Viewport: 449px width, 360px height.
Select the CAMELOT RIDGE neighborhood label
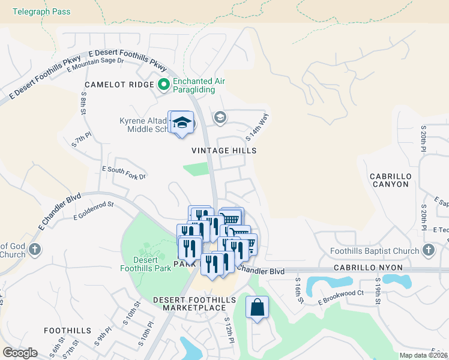tap(119, 85)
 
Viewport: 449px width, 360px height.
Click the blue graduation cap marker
tap(181, 124)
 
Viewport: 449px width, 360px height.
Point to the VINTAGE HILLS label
tap(224, 151)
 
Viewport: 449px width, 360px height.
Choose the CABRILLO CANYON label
tap(389, 179)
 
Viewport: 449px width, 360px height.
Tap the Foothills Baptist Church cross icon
tap(428, 250)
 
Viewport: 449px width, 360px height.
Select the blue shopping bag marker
tap(257, 307)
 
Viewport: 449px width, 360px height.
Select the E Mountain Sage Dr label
tap(95, 64)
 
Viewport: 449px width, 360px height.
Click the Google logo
tap(20, 353)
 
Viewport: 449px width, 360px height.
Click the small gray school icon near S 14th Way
tap(220, 116)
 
